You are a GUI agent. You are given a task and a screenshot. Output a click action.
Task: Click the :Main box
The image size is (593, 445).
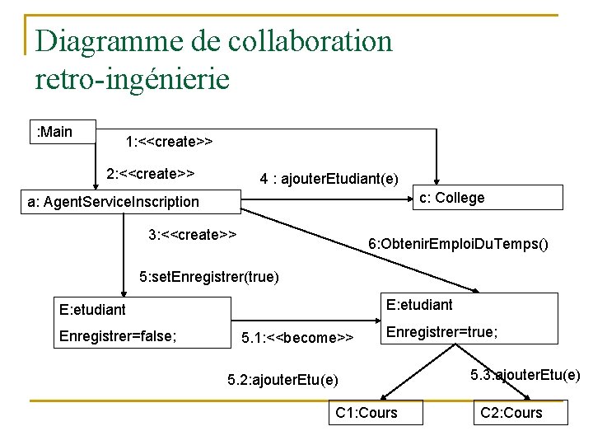[62, 132]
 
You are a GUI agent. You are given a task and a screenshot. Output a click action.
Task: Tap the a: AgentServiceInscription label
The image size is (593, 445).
[113, 202]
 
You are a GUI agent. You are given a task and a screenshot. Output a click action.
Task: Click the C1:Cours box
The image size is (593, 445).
[367, 412]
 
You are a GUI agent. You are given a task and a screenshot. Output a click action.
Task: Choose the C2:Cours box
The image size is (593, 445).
[511, 412]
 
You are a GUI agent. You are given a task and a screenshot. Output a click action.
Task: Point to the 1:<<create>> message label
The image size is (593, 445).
[169, 141]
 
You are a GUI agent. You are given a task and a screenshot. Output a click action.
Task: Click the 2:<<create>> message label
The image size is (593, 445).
[151, 174]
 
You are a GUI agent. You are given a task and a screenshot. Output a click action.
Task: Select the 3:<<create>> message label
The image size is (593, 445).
[193, 234]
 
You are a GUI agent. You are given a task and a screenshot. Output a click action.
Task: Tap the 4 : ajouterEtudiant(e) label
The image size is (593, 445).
[329, 179]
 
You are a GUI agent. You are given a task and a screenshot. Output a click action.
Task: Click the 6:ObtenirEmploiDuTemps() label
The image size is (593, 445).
[458, 244]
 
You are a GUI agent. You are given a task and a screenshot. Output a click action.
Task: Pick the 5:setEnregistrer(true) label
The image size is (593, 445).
[209, 276]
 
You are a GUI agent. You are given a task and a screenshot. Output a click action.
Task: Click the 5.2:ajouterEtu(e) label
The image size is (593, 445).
[282, 379]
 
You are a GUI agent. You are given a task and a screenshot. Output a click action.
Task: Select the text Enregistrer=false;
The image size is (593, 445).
[119, 335]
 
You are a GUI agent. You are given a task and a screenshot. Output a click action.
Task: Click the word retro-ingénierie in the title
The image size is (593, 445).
[133, 79]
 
